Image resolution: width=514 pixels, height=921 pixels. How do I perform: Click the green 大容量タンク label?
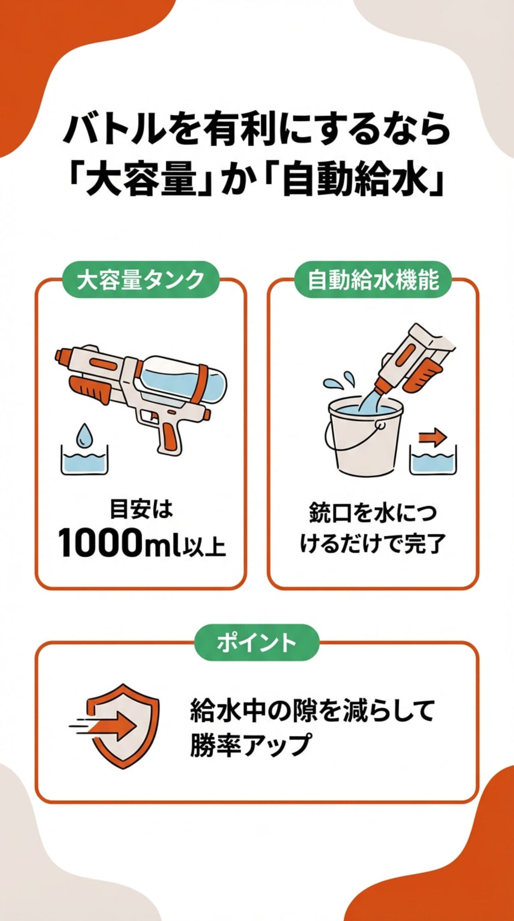(x=140, y=280)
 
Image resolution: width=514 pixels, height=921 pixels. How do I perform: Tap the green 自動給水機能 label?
(x=373, y=280)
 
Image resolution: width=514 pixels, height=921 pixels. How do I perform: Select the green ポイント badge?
(x=257, y=643)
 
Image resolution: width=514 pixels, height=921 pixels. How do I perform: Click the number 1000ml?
(x=118, y=543)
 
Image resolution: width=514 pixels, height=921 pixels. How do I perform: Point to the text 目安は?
(x=141, y=510)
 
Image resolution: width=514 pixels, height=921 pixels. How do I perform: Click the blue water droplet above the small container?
(x=84, y=434)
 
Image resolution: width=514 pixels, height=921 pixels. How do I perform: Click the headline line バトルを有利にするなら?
(x=257, y=129)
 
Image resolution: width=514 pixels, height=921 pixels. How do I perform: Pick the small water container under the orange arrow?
(x=433, y=460)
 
